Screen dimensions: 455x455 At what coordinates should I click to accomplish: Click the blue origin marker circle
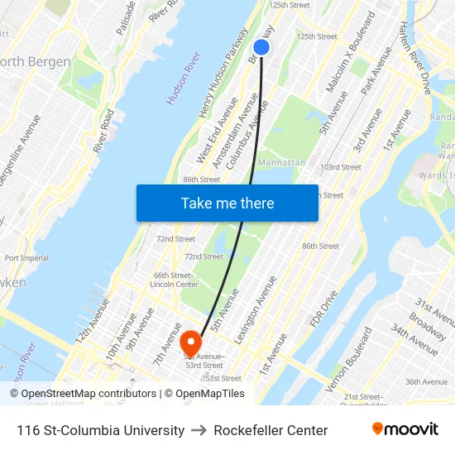tap(261, 47)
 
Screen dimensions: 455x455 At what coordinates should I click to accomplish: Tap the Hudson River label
tap(184, 79)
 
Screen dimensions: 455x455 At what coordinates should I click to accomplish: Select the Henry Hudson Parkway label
tap(223, 72)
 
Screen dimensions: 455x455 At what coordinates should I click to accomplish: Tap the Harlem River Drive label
tap(416, 57)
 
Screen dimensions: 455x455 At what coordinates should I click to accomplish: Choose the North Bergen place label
tap(35, 62)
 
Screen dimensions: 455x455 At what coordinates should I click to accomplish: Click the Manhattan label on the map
tap(281, 163)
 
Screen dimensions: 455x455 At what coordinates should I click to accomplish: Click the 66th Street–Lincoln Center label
tap(174, 280)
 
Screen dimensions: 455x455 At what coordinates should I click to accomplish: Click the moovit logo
tap(405, 429)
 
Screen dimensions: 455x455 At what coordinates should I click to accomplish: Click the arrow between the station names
tap(199, 430)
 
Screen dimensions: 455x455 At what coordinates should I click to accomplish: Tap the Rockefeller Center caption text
tap(271, 430)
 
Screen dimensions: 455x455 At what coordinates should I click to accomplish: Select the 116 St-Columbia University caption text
tap(100, 430)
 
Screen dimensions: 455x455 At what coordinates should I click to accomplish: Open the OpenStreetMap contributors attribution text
tap(83, 394)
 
